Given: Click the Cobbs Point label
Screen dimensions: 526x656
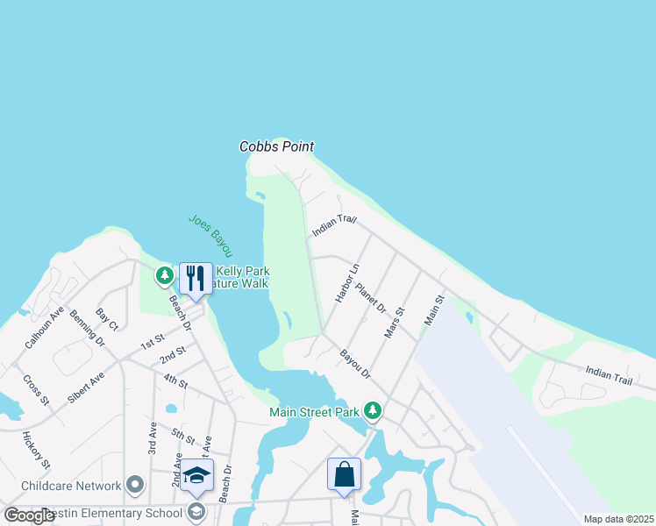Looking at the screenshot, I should tap(276, 147).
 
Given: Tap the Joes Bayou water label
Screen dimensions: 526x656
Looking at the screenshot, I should tap(210, 236).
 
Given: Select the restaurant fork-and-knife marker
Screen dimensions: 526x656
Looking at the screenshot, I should tap(196, 280).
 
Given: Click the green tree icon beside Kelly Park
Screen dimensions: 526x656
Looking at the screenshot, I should tap(164, 276).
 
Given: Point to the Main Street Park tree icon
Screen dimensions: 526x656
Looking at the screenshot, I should tap(373, 409).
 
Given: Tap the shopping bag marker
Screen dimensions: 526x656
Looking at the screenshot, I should tap(345, 474).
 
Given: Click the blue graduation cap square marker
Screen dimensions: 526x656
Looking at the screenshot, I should tap(198, 476).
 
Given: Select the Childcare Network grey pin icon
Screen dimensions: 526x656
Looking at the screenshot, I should tap(134, 485).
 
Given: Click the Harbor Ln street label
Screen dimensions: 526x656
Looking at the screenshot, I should tap(347, 283).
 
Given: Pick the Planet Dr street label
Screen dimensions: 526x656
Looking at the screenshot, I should tap(371, 296).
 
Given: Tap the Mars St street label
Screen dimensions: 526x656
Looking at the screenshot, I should tap(395, 322).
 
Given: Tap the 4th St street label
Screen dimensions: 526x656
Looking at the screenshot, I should tap(175, 381).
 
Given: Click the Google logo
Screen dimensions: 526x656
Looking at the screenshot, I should tap(30, 515).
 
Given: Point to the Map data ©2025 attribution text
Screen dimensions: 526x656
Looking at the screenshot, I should tap(618, 519).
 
